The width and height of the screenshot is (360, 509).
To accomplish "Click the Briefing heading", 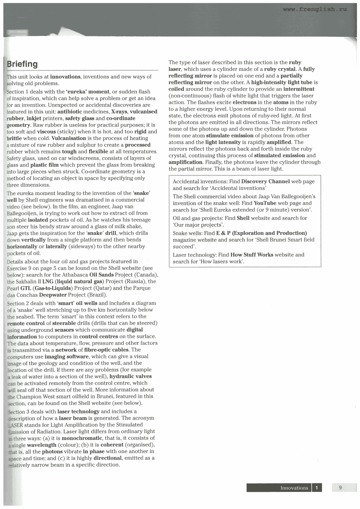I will click(x=22, y=64).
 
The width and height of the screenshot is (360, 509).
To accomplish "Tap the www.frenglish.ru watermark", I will click(x=315, y=9).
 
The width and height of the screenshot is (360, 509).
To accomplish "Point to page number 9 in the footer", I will click(x=340, y=488).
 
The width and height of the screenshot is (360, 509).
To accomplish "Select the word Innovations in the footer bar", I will click(x=294, y=488).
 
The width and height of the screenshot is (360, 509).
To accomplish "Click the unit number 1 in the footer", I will click(x=317, y=488).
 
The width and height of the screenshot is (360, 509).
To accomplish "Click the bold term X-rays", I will click(x=119, y=112).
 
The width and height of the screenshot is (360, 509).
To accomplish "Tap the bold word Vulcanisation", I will click(x=69, y=138).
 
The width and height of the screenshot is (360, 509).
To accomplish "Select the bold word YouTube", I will click(x=265, y=203).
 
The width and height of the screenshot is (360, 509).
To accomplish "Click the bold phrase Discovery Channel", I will click(x=265, y=181).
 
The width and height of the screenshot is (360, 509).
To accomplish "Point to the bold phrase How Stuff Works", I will click(x=252, y=255).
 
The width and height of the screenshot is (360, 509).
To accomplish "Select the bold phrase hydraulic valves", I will click(x=130, y=376).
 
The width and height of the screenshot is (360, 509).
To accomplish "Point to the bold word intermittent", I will click(x=299, y=89).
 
